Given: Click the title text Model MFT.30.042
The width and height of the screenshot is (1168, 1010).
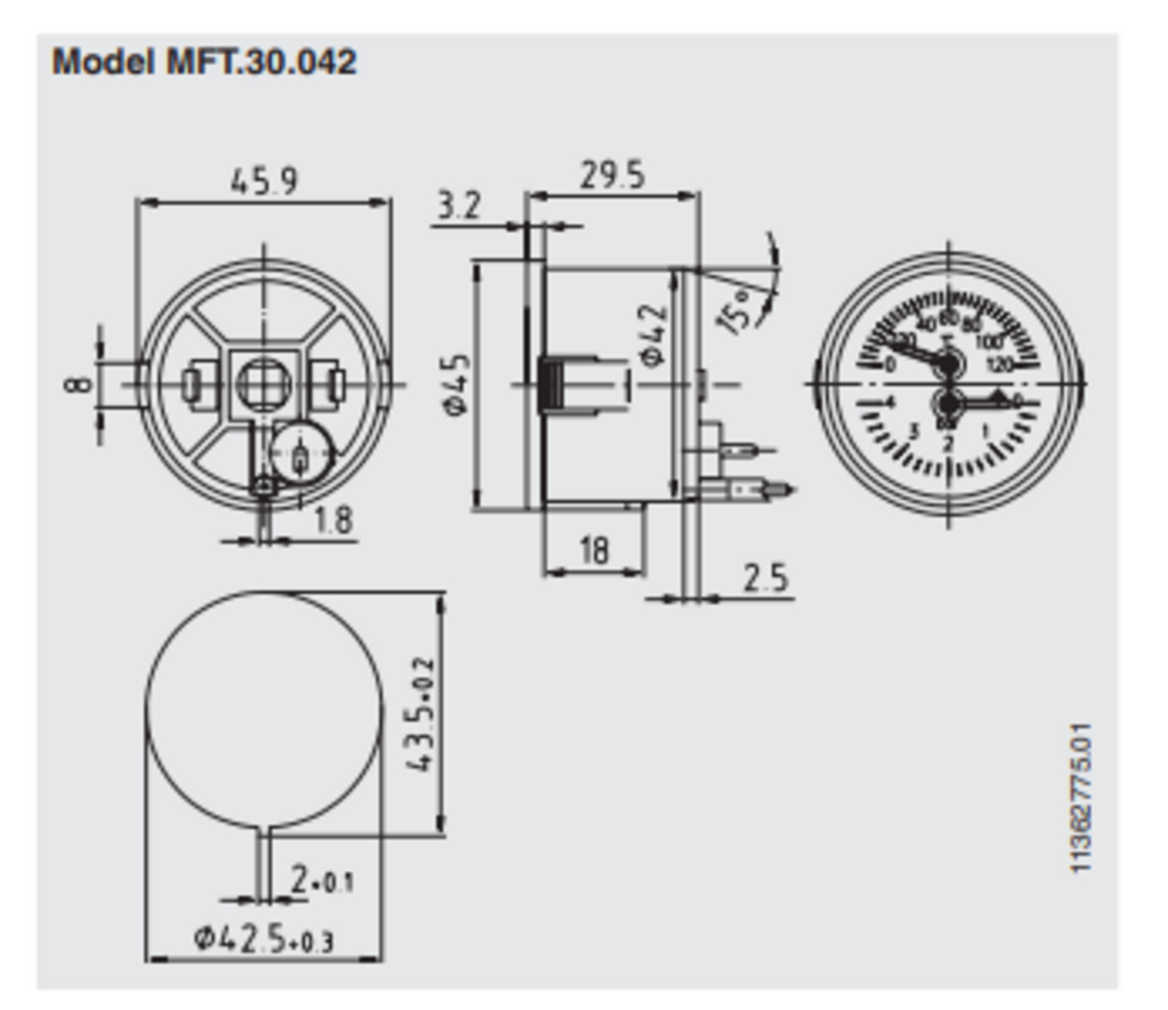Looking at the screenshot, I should tap(204, 62).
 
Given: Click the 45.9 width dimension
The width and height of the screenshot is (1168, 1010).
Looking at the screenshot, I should tap(264, 181).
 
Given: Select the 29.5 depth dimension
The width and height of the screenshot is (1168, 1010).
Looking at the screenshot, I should tap(612, 175).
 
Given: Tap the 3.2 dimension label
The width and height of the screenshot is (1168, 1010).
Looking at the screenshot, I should tap(459, 206).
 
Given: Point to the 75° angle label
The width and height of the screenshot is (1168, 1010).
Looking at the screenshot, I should tap(737, 311).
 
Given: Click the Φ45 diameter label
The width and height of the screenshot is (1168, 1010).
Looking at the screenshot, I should tap(458, 385).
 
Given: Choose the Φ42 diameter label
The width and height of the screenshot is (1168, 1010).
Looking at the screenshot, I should tap(653, 335).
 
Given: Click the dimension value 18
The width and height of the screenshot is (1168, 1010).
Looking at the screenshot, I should tap(593, 551).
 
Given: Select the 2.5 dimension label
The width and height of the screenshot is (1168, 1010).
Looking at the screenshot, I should tap(765, 578).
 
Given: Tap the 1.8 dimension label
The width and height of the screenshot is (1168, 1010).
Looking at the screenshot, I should tap(333, 520).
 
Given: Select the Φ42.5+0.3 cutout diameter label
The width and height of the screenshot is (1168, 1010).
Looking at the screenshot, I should tap(264, 939).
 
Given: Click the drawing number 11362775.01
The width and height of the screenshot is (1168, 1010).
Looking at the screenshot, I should tap(1082, 798).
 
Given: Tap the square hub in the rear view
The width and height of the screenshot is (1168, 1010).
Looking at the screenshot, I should tap(264, 383).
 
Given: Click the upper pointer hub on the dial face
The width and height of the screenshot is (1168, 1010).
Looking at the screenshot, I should tap(948, 363).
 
